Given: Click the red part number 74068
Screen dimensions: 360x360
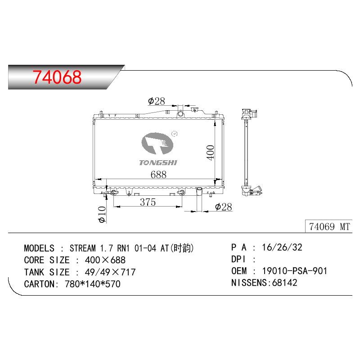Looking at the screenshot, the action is pyautogui.click(x=57, y=76).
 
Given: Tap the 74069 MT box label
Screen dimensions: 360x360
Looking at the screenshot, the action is pyautogui.click(x=329, y=227).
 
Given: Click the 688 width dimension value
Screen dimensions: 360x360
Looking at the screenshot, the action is pyautogui.click(x=158, y=175).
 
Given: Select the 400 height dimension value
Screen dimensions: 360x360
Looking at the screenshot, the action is pyautogui.click(x=210, y=153).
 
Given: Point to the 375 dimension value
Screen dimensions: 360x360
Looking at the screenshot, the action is pyautogui.click(x=148, y=202).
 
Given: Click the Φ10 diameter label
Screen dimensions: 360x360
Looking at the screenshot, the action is pyautogui.click(x=102, y=215).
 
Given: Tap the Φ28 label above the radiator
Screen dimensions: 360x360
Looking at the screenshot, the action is pyautogui.click(x=157, y=101).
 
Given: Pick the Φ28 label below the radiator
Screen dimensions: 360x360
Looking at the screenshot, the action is pyautogui.click(x=223, y=207).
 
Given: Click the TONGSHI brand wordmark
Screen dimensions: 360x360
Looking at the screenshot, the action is pyautogui.click(x=158, y=162).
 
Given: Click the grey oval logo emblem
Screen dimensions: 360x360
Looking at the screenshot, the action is pyautogui.click(x=157, y=144).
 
